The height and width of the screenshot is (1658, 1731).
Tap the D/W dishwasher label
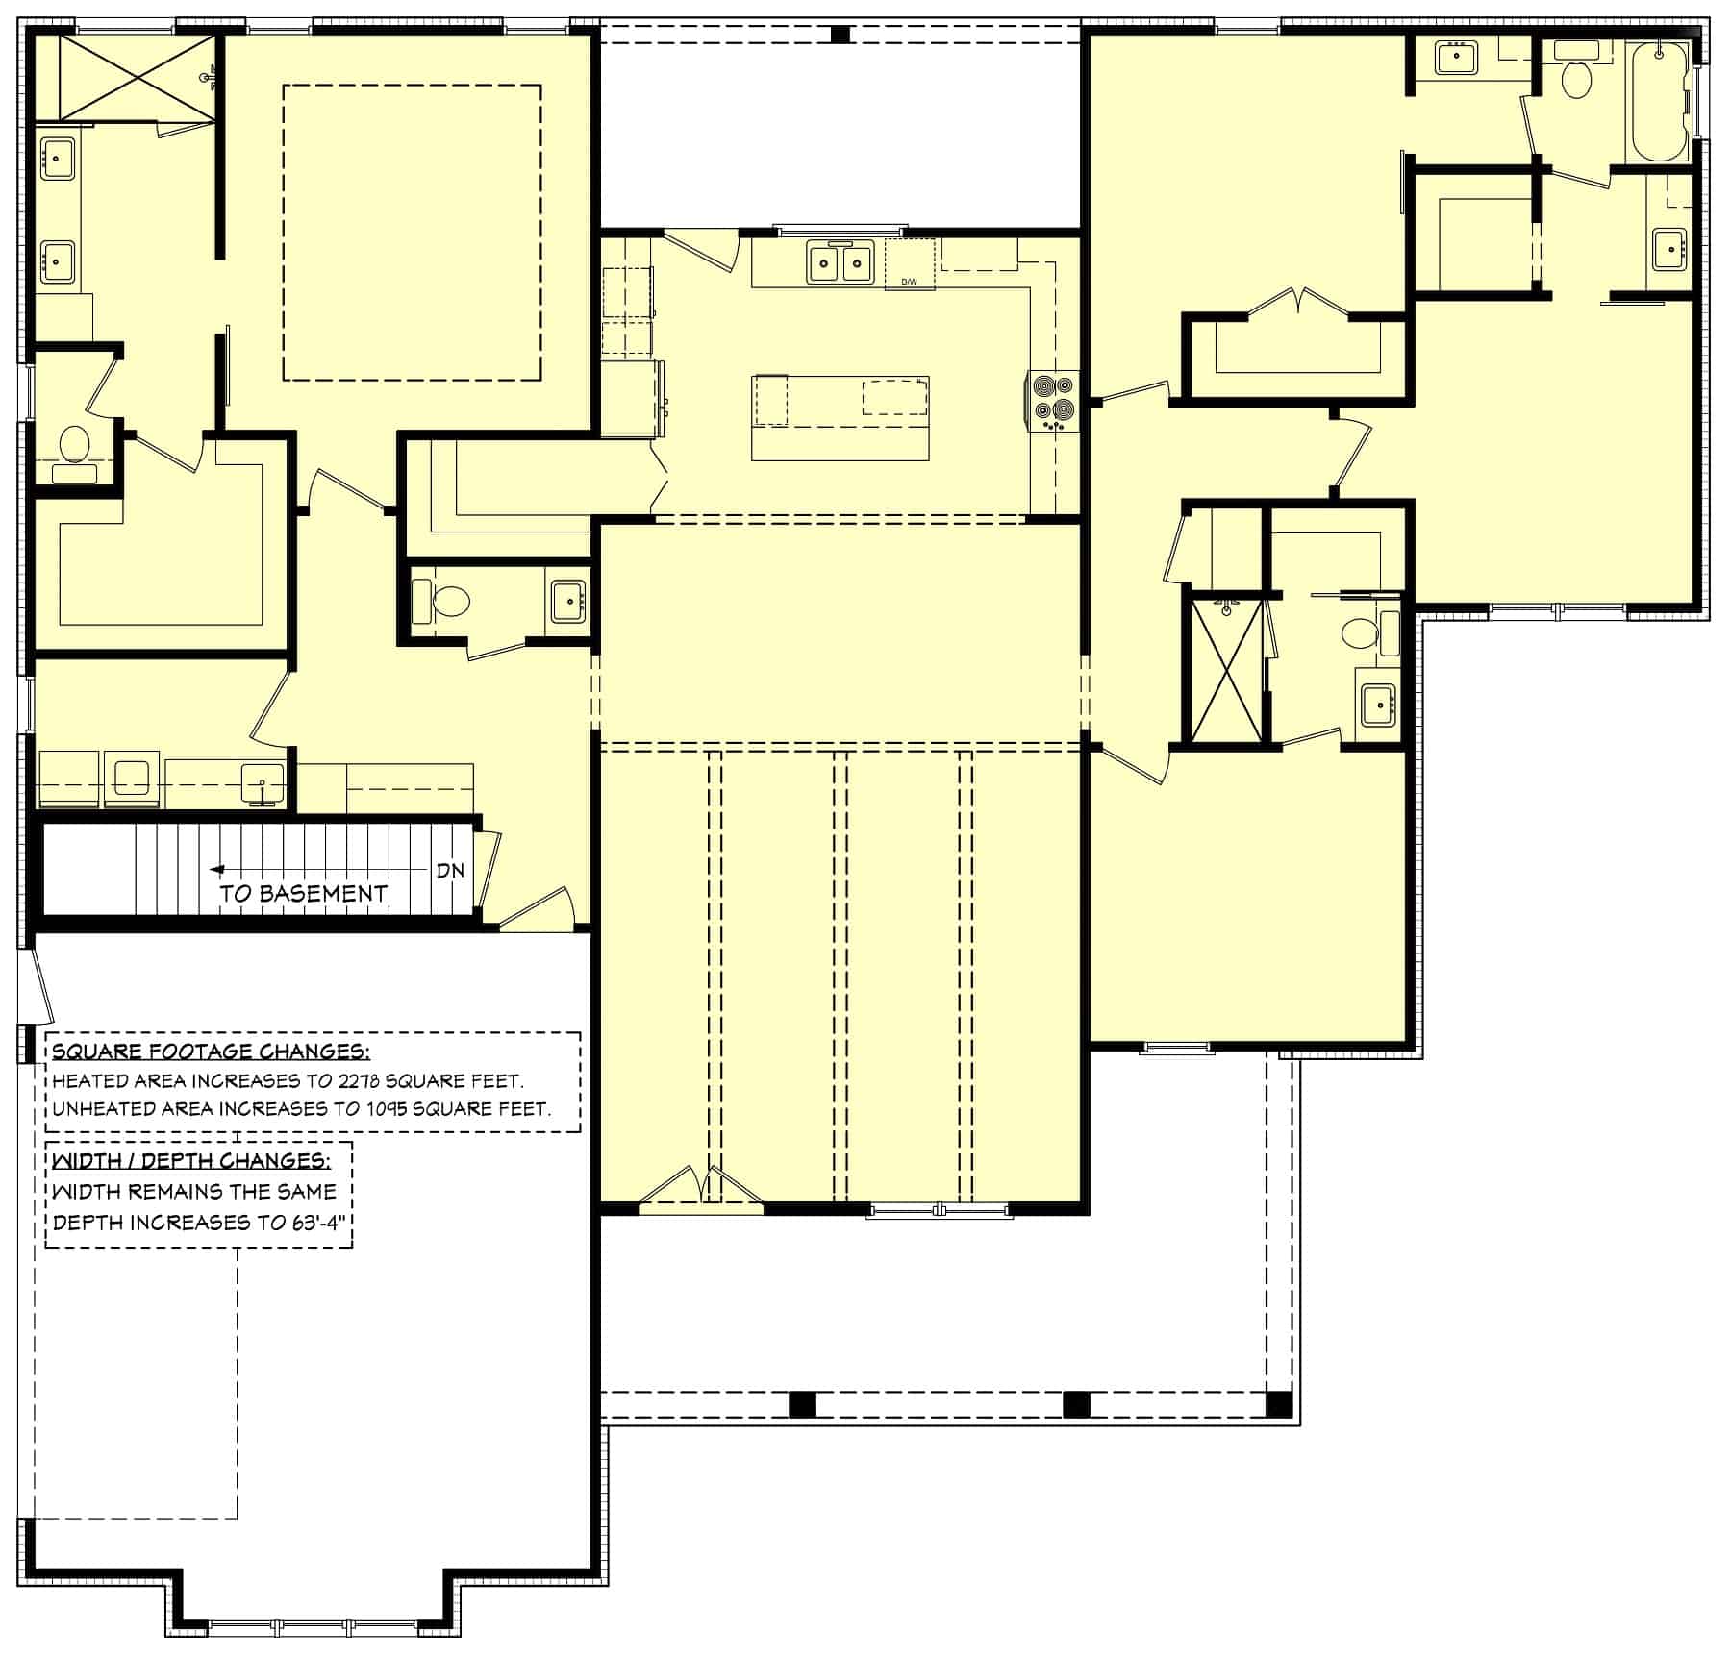point(909,282)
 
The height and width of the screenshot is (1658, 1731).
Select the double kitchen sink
point(840,262)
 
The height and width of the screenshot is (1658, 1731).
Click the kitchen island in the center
point(840,418)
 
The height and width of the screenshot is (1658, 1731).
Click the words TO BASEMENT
point(303,894)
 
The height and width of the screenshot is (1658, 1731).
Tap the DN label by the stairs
point(450,871)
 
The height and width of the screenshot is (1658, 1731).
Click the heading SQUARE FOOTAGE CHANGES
point(210,1051)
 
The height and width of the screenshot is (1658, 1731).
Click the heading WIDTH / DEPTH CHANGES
point(190,1160)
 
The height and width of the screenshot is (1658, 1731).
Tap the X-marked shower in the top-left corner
point(137,78)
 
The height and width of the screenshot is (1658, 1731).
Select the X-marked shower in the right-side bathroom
point(1226,669)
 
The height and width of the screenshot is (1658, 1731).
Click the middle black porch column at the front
point(1076,1404)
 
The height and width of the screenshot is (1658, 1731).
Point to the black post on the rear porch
point(840,35)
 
